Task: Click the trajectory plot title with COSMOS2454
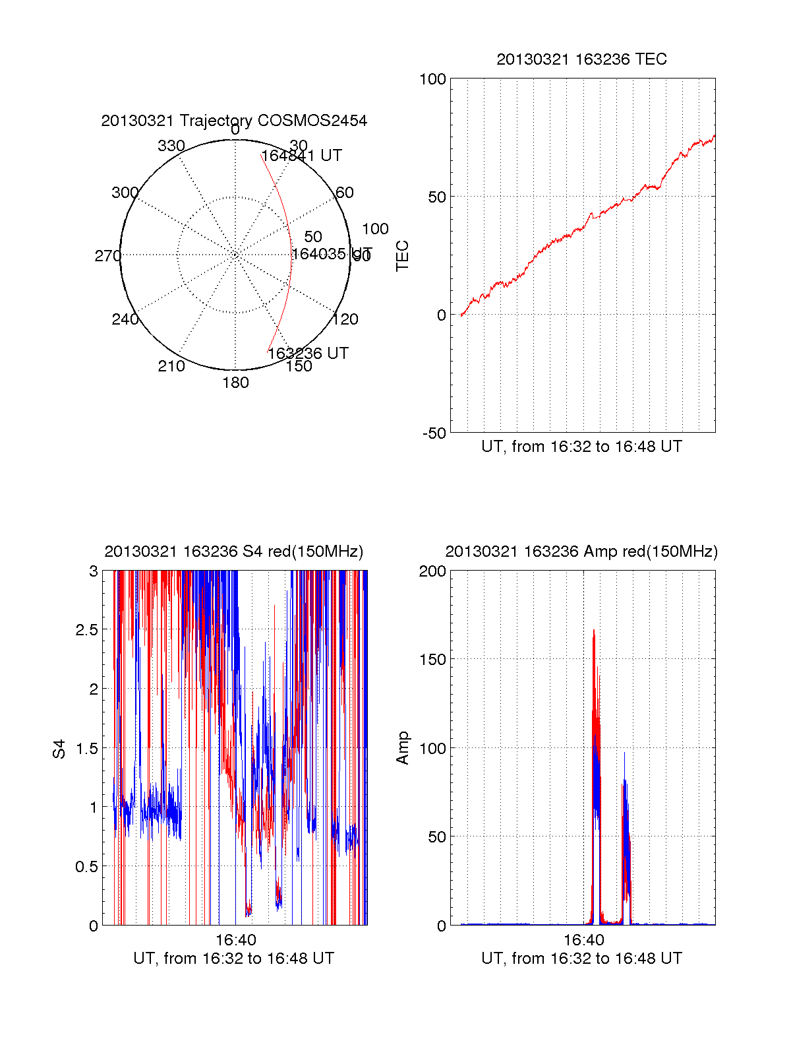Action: [x=234, y=121]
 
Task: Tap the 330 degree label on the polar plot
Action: [x=171, y=146]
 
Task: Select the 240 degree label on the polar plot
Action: [x=125, y=319]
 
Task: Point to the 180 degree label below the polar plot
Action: [x=235, y=383]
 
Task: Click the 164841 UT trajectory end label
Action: [x=302, y=156]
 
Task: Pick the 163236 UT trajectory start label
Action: [x=308, y=354]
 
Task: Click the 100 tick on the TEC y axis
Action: [x=432, y=79]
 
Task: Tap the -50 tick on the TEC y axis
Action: [x=434, y=433]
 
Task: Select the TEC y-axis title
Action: [x=402, y=256]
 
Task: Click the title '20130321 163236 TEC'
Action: [x=581, y=59]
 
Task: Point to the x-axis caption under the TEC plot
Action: [x=581, y=447]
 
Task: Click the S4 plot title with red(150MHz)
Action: [x=234, y=551]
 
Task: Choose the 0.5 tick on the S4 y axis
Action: [x=86, y=867]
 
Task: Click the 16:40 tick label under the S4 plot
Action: [x=235, y=939]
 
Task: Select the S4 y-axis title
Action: [x=59, y=749]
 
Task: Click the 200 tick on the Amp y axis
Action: [x=432, y=571]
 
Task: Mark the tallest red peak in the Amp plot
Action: [x=593, y=631]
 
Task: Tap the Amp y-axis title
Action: [x=402, y=748]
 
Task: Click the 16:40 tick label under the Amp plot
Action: [x=583, y=939]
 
